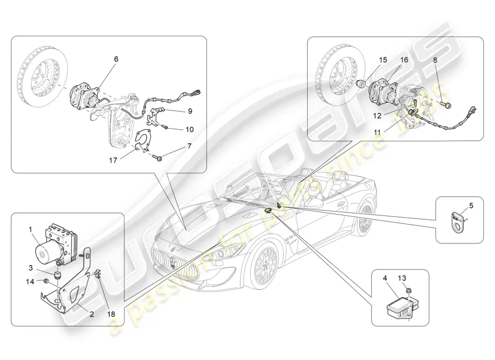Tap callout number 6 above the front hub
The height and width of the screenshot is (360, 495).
point(116,59)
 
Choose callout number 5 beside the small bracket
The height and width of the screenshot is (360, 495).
point(471,206)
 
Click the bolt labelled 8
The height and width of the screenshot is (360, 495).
point(446,105)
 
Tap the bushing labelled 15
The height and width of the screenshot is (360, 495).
point(360,84)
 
